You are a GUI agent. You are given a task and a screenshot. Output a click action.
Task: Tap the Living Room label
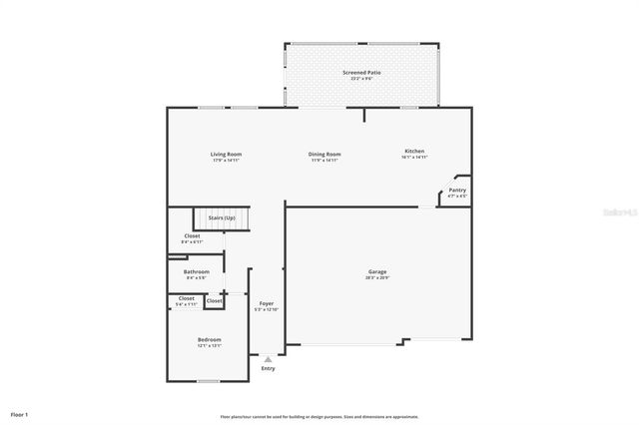(226, 154)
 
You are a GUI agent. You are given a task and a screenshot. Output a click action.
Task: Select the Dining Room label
(324, 154)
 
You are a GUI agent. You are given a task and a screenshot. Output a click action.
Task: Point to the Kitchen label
(414, 151)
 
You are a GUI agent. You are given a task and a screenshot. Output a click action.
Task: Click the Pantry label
(456, 190)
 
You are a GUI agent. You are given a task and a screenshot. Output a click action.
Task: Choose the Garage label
(377, 271)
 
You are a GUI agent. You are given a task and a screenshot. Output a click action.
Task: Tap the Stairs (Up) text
(222, 217)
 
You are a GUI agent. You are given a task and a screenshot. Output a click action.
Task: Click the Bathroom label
(196, 271)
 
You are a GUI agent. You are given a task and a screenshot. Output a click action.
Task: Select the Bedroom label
(209, 340)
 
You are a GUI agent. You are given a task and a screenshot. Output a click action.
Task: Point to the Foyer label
(267, 302)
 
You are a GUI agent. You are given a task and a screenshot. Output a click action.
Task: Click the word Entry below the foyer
(268, 369)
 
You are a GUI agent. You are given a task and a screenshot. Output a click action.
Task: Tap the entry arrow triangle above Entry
(268, 359)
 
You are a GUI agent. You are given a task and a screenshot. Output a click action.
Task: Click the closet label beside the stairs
(192, 236)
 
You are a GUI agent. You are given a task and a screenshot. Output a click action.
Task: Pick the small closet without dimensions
(214, 300)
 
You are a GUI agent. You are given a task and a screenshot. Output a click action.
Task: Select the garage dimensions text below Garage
(377, 277)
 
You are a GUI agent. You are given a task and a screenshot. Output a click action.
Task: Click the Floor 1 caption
(20, 414)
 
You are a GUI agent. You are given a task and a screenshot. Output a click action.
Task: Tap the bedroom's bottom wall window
(208, 381)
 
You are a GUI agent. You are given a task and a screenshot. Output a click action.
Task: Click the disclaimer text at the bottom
(319, 417)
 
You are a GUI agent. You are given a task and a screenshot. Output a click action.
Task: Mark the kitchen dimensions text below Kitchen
(414, 157)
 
